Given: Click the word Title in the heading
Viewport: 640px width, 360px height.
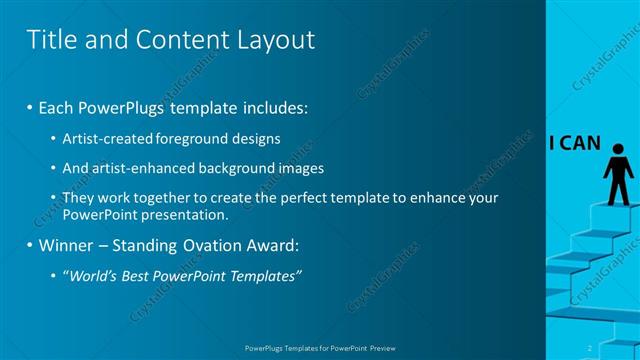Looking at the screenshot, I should click(51, 40).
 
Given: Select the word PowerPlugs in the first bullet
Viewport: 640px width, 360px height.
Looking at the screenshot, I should click(122, 106).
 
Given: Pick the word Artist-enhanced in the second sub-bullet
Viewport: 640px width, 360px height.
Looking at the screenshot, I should click(129, 168).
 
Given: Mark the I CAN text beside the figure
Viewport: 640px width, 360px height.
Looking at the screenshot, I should click(574, 143).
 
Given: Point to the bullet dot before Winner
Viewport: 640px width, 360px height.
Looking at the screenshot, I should click(29, 245).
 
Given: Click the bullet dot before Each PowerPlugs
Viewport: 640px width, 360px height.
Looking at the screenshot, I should click(29, 106).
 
